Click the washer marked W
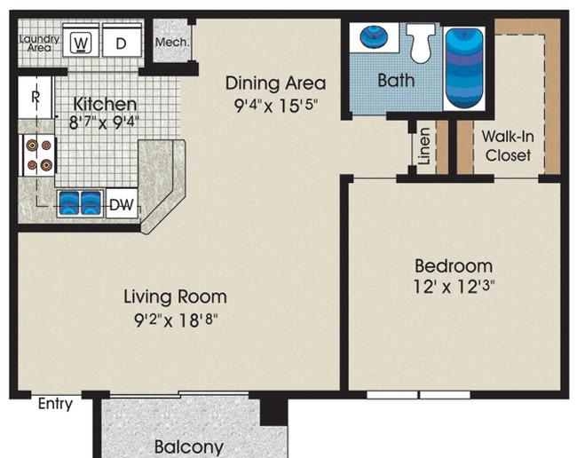81,40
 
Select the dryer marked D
122,40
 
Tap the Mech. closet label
172,43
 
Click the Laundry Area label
39,43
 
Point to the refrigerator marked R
36,97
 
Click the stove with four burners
39,155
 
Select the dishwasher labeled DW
122,204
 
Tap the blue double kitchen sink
81,202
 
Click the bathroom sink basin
373,36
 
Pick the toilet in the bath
421,43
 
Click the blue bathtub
464,69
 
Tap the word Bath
396,80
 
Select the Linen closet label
424,146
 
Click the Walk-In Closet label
508,146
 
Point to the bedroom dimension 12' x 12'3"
454,286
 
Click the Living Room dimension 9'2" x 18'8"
176,320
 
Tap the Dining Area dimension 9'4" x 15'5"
276,106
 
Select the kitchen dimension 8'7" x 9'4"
104,122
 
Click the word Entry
55,404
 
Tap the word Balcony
189,446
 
